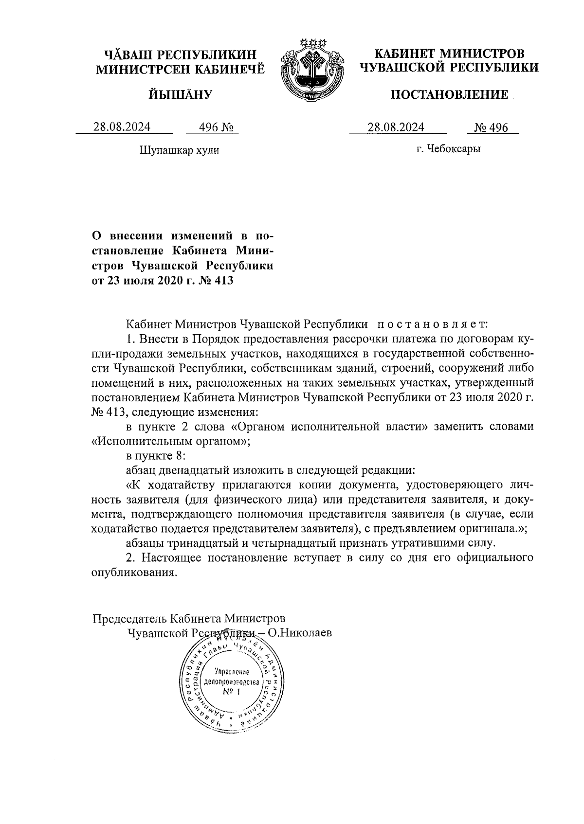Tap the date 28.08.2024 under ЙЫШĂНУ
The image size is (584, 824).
click(x=122, y=127)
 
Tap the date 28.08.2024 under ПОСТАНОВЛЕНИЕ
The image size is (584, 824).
click(x=396, y=127)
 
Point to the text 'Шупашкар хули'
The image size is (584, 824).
click(x=179, y=150)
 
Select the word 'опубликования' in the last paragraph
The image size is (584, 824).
click(x=132, y=572)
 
